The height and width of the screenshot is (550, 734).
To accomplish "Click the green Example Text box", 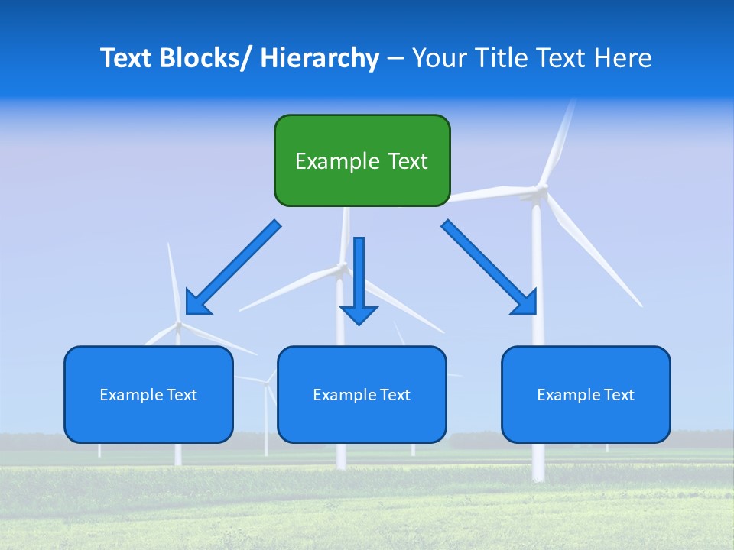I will coord(362,160).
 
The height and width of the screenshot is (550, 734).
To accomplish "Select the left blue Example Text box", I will coord(148,394).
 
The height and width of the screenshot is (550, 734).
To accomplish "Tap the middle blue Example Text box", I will coord(362,394).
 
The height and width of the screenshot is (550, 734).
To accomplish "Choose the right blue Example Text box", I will coord(586,394).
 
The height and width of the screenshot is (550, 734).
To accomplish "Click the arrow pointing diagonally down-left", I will coord(233,268).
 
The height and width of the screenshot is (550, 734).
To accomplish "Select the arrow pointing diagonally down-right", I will coord(489,267).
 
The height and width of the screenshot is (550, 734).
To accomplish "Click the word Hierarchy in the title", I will coord(320,58).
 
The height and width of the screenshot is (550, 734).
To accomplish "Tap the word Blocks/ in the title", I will coord(202,58).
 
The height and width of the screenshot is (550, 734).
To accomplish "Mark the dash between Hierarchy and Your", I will coord(395,59).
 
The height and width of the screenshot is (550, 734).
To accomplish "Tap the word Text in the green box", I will coord(408,161).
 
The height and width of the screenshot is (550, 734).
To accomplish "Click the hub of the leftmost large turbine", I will coord(179,325).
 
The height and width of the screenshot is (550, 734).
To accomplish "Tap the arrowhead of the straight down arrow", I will coord(359,315).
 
